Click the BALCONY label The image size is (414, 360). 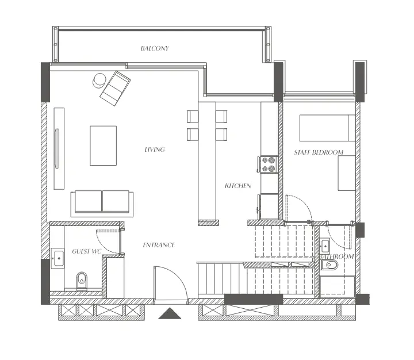(x=155, y=48)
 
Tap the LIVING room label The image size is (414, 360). (x=155, y=150)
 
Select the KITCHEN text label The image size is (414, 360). (x=237, y=186)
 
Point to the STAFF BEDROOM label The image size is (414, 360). (x=319, y=152)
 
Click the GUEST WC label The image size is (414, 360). (x=86, y=251)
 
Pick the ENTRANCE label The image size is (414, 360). (x=158, y=245)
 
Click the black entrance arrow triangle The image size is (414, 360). (x=170, y=313)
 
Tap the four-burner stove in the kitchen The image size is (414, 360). (x=269, y=164)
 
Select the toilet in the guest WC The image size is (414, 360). (x=81, y=280)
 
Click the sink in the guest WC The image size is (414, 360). (x=58, y=258)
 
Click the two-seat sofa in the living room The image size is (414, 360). (x=102, y=202)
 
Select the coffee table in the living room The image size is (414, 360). (x=103, y=145)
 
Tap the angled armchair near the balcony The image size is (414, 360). (x=115, y=87)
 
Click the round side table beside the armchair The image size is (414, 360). (x=99, y=81)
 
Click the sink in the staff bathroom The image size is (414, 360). (x=325, y=246)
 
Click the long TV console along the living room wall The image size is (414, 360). (x=59, y=148)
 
